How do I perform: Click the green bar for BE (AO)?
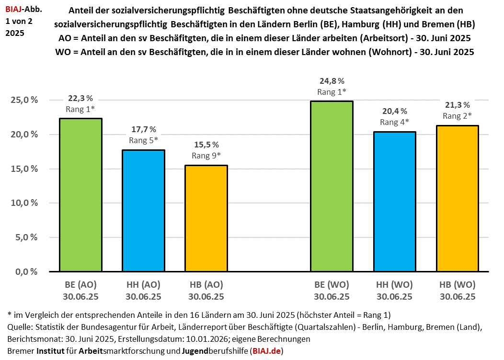coord(80,195)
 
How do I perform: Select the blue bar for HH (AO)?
coord(143,211)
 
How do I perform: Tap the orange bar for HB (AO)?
coord(206,218)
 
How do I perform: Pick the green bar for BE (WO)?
coord(332,186)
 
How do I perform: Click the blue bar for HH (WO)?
coord(394,202)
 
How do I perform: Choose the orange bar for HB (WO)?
coord(457,199)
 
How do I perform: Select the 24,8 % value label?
coord(332,81)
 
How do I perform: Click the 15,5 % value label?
coord(206,145)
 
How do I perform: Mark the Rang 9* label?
coord(206,155)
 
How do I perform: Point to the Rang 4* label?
coord(394,122)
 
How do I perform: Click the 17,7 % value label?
coord(143,130)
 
